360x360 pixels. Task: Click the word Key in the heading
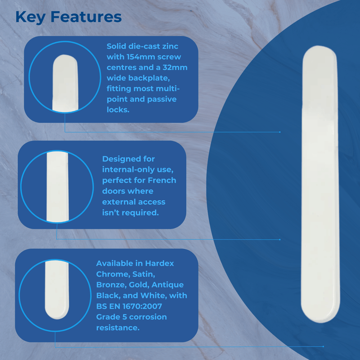[x=31, y=17]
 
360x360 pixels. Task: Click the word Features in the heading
[x=86, y=17]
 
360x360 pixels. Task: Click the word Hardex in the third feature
[x=159, y=263]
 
